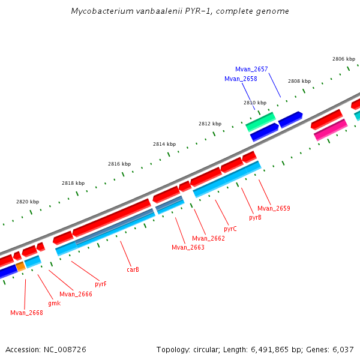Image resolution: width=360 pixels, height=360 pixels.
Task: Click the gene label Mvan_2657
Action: tap(251, 70)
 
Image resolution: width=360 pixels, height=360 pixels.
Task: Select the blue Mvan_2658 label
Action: tap(241, 79)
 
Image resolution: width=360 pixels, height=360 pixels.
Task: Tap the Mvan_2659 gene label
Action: tap(274, 209)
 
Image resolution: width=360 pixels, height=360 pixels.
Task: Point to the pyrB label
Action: tap(255, 218)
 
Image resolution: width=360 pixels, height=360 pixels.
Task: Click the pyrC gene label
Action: tap(230, 229)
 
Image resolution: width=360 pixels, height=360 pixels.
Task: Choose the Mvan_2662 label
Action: tap(208, 239)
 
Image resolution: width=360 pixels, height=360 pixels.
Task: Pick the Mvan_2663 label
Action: tap(188, 248)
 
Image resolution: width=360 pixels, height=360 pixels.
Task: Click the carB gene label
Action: tap(133, 270)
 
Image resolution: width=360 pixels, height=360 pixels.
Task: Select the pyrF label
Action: tap(101, 284)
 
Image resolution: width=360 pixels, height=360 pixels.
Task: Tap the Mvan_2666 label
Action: tap(76, 294)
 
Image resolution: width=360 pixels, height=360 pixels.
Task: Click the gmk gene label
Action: tap(54, 304)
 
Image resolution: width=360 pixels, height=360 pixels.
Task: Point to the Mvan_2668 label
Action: tap(26, 313)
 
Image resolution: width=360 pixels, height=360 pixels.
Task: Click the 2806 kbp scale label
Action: tap(344, 59)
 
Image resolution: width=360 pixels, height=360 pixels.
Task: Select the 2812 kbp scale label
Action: tap(210, 124)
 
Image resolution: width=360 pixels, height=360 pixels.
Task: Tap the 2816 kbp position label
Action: tap(119, 164)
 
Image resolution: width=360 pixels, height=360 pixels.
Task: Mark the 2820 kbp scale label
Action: tap(27, 202)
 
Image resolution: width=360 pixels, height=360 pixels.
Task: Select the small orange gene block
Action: tap(20, 265)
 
